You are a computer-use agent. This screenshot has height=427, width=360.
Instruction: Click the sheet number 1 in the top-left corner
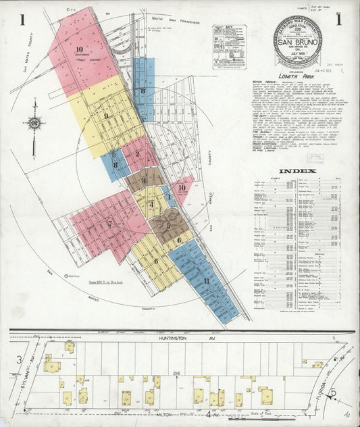click(x=22, y=20)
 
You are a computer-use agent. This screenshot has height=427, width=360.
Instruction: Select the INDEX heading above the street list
click(x=297, y=171)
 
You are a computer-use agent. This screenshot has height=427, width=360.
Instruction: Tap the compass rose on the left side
click(x=33, y=124)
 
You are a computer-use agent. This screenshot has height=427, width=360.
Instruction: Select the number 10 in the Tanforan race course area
click(x=79, y=49)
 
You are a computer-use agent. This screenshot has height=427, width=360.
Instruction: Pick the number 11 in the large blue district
click(x=205, y=281)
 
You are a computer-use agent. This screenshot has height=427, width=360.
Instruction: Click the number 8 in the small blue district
click(x=115, y=165)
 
